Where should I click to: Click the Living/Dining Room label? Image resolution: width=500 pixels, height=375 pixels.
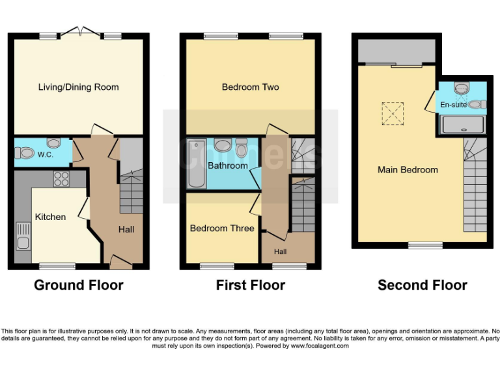78,87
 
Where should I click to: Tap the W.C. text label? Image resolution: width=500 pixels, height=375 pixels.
46,155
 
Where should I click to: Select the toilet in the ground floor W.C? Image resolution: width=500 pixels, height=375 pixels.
25,154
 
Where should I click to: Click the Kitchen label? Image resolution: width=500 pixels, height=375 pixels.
50,217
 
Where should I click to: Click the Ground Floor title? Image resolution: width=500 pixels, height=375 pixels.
78,285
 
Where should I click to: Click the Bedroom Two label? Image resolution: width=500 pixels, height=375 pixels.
250,87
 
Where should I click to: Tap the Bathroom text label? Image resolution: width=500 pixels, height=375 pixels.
227,166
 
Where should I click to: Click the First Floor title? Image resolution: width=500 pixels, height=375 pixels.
251,285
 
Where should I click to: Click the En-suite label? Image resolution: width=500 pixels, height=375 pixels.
453,104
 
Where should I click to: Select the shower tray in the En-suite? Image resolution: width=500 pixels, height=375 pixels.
463,124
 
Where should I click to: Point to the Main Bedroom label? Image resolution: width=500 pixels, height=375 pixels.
408,170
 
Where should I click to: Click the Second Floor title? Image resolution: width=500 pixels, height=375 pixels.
422,285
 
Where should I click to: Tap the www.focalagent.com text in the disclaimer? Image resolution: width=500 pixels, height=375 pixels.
320,346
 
